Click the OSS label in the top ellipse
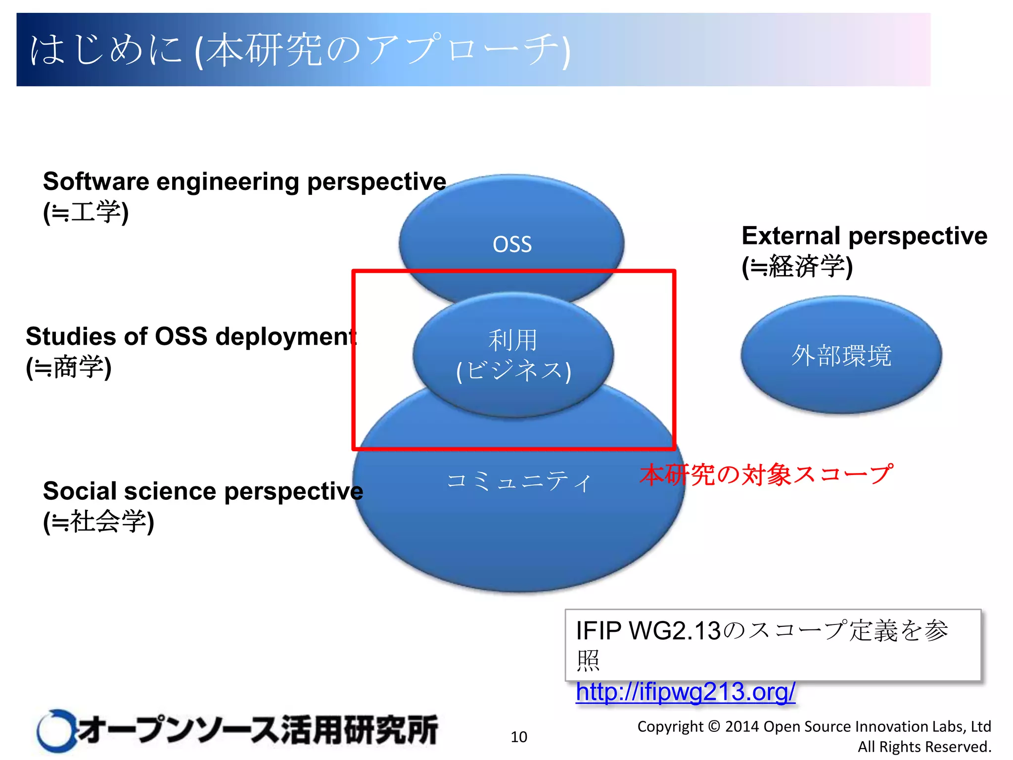[x=512, y=244]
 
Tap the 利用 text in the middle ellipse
[x=512, y=340]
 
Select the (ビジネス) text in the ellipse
[x=513, y=371]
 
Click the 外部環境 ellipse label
[x=841, y=355]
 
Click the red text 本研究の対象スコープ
[x=766, y=475]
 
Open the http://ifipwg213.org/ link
[x=685, y=692]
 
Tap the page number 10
[x=519, y=737]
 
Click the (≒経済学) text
[x=797, y=267]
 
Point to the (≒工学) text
[x=86, y=212]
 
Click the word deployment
[x=286, y=336]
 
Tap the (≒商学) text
[x=68, y=367]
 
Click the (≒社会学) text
[x=98, y=522]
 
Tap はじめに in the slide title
[x=106, y=49]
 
